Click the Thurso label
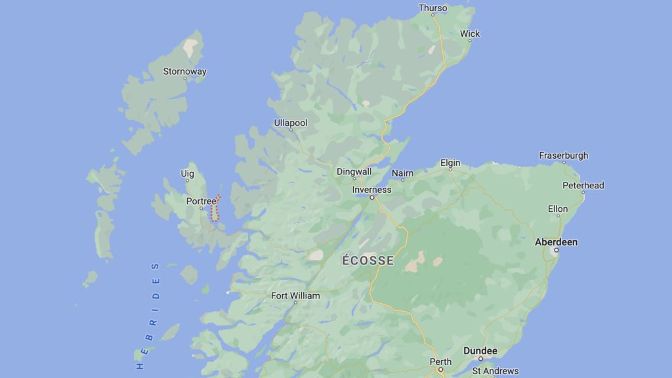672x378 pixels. [x=432, y=9]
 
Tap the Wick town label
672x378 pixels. [x=470, y=33]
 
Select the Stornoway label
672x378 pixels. [x=184, y=72]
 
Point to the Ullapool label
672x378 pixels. [x=290, y=123]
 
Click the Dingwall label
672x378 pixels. [x=354, y=171]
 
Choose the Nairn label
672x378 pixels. [x=402, y=173]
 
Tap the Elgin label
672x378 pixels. [x=450, y=163]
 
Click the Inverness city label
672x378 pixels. [x=371, y=190]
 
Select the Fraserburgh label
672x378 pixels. [x=563, y=156]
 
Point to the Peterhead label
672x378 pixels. [x=583, y=185]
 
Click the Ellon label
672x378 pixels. [x=558, y=209]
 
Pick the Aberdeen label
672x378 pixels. [x=556, y=241]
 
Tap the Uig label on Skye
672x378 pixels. [x=187, y=173]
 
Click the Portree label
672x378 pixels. [x=201, y=201]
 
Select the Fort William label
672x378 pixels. [x=295, y=295]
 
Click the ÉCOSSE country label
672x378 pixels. [x=368, y=261]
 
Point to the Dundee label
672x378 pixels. [x=480, y=351]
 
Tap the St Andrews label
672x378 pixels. [x=495, y=371]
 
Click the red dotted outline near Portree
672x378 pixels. [x=215, y=209]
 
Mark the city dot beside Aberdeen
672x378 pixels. [x=556, y=250]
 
